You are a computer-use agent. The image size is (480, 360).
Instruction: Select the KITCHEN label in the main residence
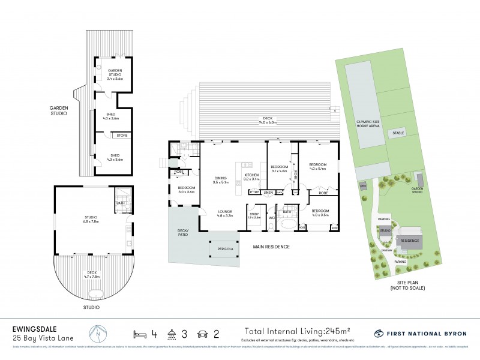tap(251, 176)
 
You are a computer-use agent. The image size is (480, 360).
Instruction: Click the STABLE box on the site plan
tap(397, 133)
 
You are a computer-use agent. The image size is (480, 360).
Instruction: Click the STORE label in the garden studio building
tap(122, 136)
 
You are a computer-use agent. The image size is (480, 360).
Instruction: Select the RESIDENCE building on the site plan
tap(410, 239)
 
